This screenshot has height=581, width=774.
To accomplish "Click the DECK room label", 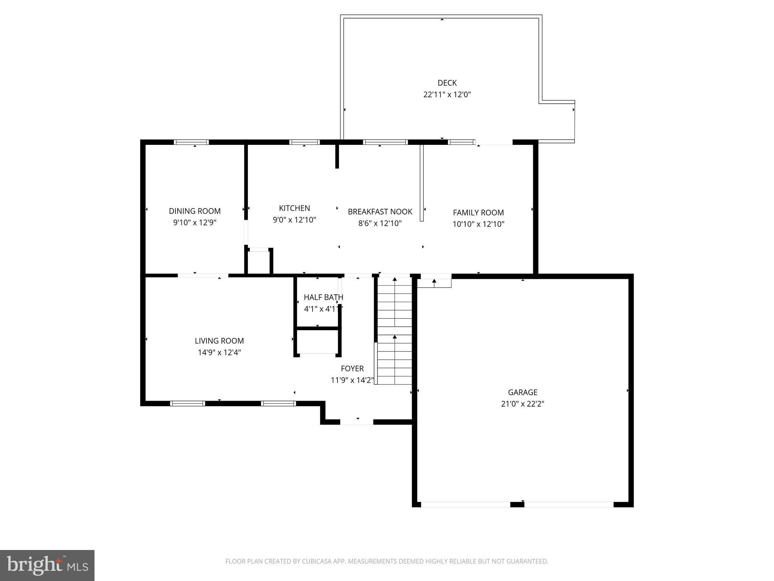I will [x=447, y=83].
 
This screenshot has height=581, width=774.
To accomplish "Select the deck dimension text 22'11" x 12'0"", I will [x=447, y=95].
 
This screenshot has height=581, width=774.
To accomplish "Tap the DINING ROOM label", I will [x=195, y=211].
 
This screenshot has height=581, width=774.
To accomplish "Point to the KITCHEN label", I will [x=294, y=208].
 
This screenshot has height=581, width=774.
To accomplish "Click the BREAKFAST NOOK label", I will [x=380, y=211].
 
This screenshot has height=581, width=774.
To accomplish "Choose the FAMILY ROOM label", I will [x=478, y=213].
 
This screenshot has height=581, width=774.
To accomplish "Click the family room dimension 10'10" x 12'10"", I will [x=478, y=224].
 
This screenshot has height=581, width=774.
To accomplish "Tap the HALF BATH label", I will [x=323, y=297].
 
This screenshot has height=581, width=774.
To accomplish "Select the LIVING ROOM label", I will [x=219, y=341].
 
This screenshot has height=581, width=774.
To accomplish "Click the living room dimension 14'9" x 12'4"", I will [x=219, y=353].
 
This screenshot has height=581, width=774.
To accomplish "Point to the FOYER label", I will [x=352, y=368].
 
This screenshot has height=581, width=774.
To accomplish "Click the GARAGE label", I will [x=522, y=392].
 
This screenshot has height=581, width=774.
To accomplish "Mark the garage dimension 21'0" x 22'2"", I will [x=522, y=404].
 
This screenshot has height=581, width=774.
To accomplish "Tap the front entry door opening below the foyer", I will [x=357, y=422].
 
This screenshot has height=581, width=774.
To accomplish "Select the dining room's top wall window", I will [x=191, y=142].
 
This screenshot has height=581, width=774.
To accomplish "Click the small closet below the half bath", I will [x=317, y=342].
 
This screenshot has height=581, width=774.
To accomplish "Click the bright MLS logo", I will [x=47, y=565].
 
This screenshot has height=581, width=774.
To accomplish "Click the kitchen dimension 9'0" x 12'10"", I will [x=294, y=220].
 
